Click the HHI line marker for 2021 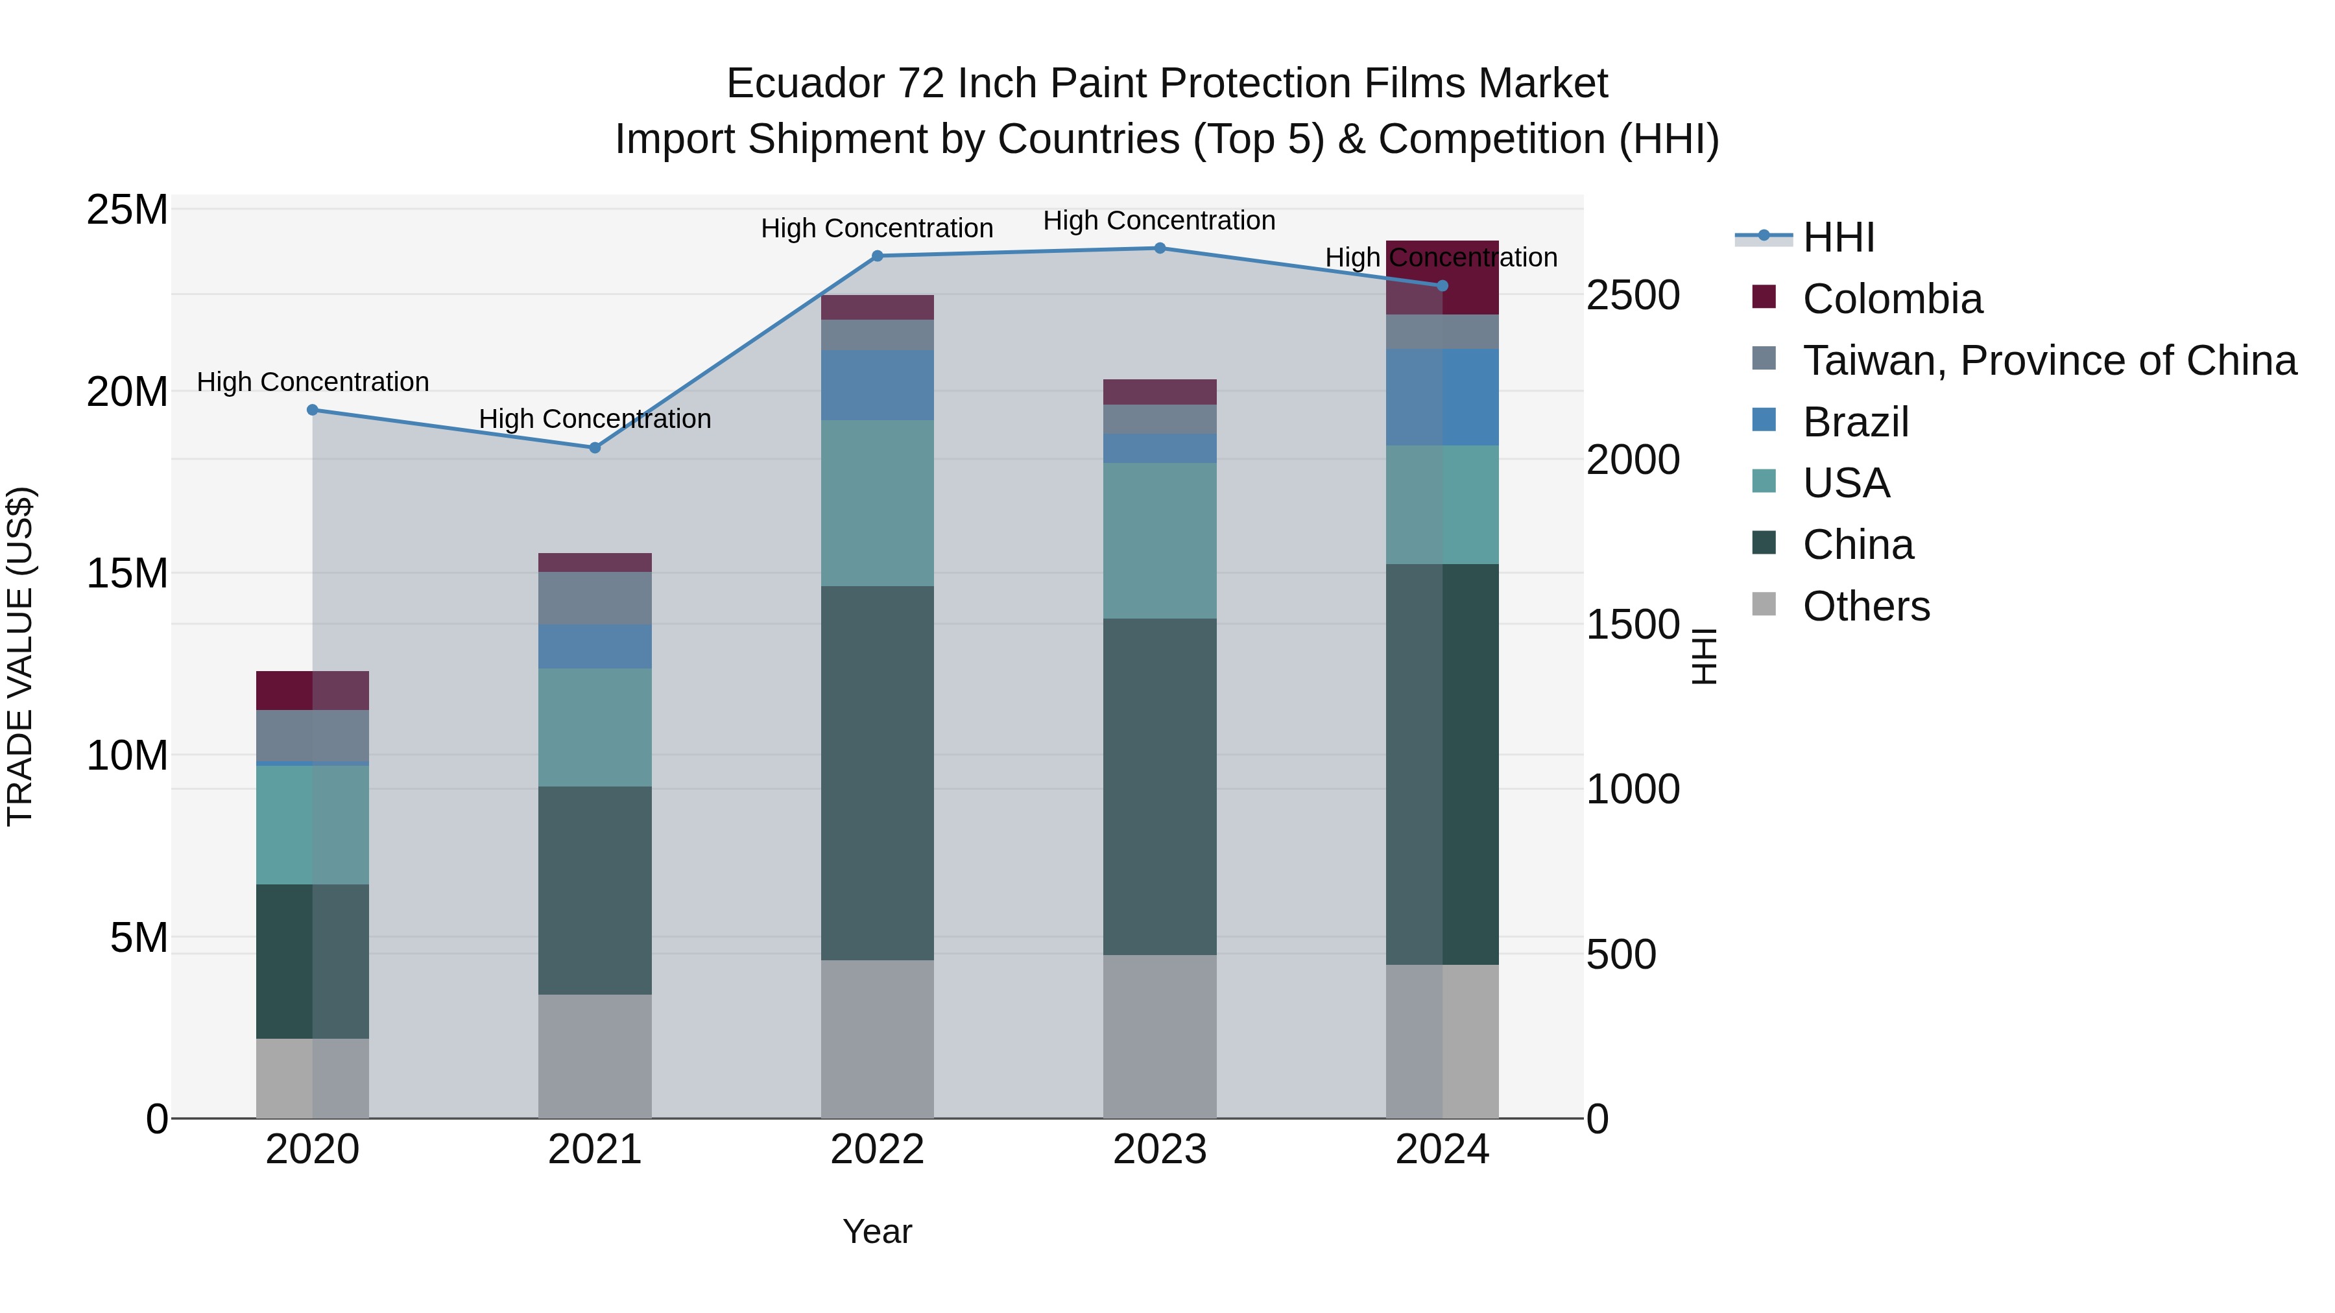tap(595, 447)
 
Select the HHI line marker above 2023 tap(1159, 248)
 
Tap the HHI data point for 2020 tap(313, 410)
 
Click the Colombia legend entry tap(1892, 299)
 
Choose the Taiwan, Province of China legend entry tap(2048, 361)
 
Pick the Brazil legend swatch tap(1764, 420)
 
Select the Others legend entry tap(1865, 606)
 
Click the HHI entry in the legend tap(1838, 237)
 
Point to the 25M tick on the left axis tap(127, 210)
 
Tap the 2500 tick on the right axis tap(1633, 296)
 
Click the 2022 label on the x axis tap(876, 1150)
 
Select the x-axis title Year tap(876, 1231)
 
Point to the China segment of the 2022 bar tap(876, 772)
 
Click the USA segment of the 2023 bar tap(1159, 541)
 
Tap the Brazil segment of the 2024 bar tap(1442, 397)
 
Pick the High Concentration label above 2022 tap(876, 228)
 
